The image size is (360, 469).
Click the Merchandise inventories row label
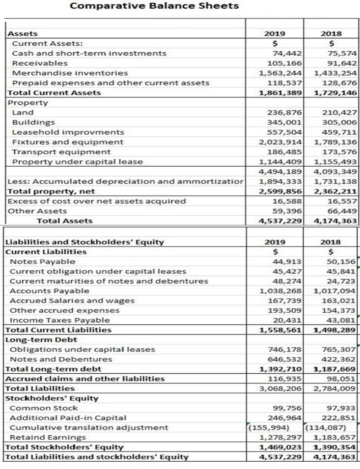click(70, 73)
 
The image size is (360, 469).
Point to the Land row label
click(22, 113)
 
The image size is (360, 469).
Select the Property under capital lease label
click(77, 162)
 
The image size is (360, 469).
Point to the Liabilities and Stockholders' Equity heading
click(84, 242)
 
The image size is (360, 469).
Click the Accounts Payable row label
click(49, 291)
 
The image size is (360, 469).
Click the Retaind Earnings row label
click(48, 437)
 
